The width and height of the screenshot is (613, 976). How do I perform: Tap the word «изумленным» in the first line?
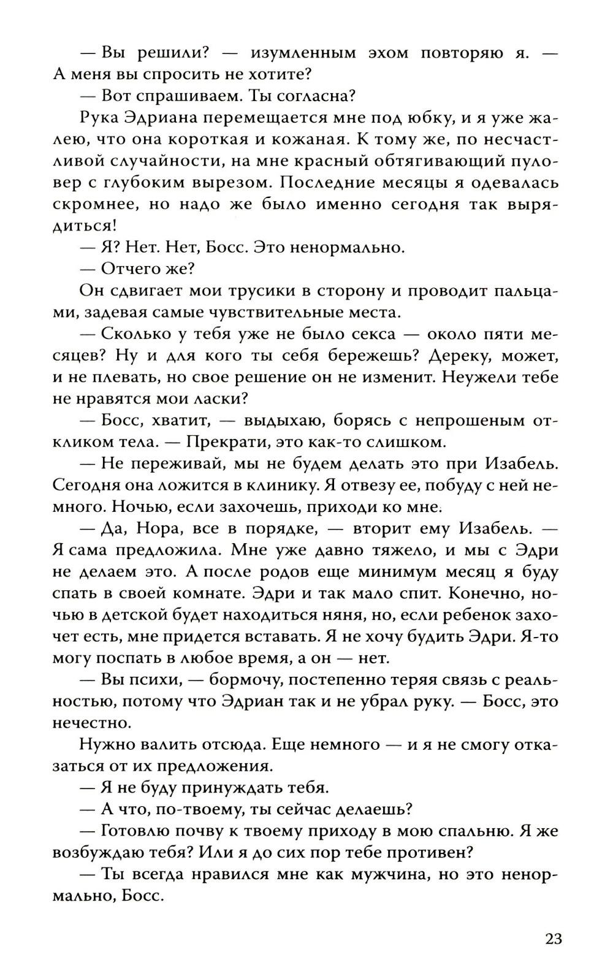[x=303, y=53]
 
